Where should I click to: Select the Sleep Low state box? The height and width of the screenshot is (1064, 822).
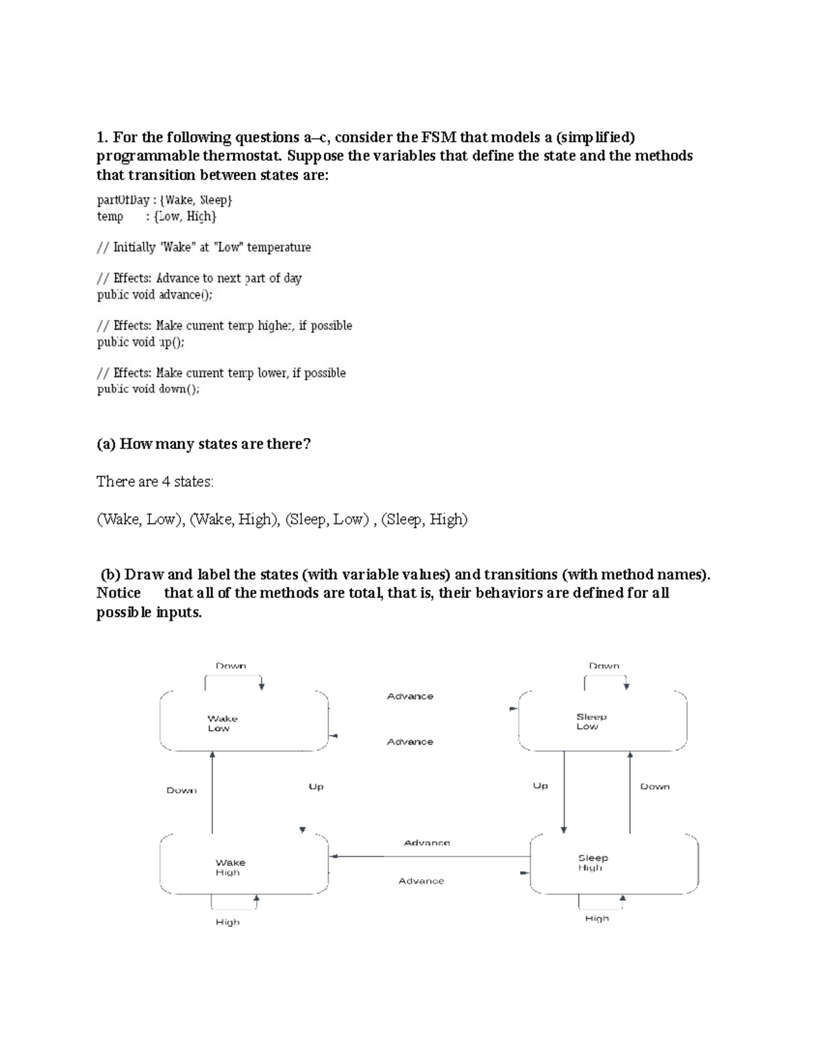pos(602,721)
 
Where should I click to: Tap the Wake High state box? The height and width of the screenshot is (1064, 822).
pos(243,865)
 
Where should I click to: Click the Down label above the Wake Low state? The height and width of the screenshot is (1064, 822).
pos(231,665)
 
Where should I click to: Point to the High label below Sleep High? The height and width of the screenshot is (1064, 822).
pos(597,918)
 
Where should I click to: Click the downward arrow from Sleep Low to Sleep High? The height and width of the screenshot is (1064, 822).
pos(564,791)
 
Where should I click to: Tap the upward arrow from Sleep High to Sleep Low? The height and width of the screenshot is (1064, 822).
pos(630,791)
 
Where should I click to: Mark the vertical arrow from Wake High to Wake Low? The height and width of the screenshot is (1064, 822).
pos(212,791)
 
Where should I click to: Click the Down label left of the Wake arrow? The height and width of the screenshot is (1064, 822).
pos(182,790)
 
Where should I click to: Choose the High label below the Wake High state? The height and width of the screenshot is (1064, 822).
pos(227,922)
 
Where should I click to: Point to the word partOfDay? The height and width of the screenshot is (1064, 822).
pos(123,200)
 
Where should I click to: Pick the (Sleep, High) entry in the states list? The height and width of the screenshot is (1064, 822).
pos(424,519)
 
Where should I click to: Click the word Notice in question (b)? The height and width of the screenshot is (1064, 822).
pos(119,593)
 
